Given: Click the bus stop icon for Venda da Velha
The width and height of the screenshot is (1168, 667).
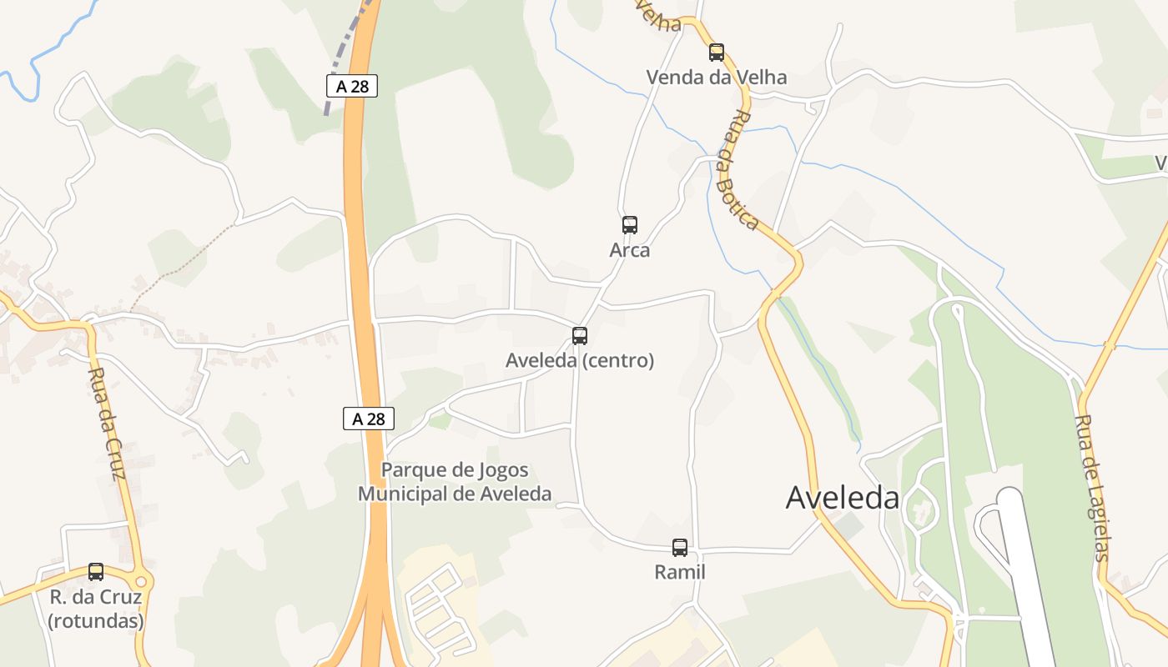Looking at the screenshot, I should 716,53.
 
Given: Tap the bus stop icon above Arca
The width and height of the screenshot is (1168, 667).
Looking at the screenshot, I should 630,225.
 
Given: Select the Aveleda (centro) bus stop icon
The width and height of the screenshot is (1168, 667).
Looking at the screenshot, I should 580,336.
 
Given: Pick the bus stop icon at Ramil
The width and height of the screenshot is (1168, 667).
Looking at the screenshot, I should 680,548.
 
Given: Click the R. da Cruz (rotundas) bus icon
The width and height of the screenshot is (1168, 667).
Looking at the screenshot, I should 96,572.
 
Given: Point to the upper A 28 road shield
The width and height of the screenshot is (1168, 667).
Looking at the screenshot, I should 351,85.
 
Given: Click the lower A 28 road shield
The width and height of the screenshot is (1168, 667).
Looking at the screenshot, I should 368,419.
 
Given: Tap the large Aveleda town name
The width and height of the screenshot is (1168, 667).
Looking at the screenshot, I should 843,498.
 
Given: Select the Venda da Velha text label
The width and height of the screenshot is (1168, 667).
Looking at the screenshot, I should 716,78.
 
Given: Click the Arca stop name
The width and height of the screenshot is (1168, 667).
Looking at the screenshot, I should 630,250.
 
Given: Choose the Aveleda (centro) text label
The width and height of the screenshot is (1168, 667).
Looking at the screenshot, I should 580,361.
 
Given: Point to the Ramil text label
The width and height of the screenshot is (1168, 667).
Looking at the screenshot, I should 680,573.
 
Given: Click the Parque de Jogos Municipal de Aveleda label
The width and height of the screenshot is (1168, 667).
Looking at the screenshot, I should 455,482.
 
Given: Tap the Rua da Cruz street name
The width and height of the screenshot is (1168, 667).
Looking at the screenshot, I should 107,424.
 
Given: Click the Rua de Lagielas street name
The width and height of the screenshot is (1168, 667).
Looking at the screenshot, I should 1093,488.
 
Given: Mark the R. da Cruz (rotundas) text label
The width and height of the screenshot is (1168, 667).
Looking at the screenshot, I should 96,609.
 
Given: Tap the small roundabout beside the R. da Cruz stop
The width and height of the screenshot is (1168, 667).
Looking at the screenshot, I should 140,581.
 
